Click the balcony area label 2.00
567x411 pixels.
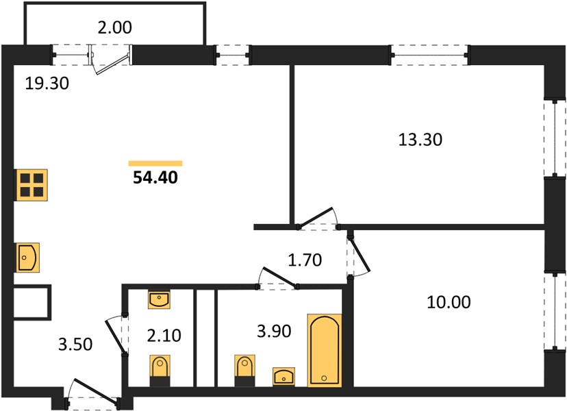pyautogui.click(x=114, y=27)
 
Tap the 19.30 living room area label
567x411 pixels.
pyautogui.click(x=47, y=84)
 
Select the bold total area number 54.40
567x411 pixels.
pyautogui.click(x=155, y=177)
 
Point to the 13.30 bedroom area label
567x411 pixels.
pyautogui.click(x=420, y=140)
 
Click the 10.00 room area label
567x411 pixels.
pyautogui.click(x=449, y=302)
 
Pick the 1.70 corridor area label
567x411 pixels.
pyautogui.click(x=305, y=260)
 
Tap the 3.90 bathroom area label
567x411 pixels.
pyautogui.click(x=274, y=331)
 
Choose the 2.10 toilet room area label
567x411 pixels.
pyautogui.click(x=164, y=336)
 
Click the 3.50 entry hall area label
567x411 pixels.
pyautogui.click(x=75, y=345)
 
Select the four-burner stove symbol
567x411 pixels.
pyautogui.click(x=32, y=185)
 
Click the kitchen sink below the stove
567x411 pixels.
pyautogui.click(x=28, y=258)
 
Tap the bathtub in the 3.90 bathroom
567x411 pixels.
pyautogui.click(x=325, y=351)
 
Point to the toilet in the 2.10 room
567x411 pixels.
pyautogui.click(x=160, y=371)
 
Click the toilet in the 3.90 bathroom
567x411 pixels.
pyautogui.click(x=244, y=371)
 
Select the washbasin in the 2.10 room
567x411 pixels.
pyautogui.click(x=159, y=299)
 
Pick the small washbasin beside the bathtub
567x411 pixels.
pyautogui.click(x=284, y=377)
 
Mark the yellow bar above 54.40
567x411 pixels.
pyautogui.click(x=155, y=164)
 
